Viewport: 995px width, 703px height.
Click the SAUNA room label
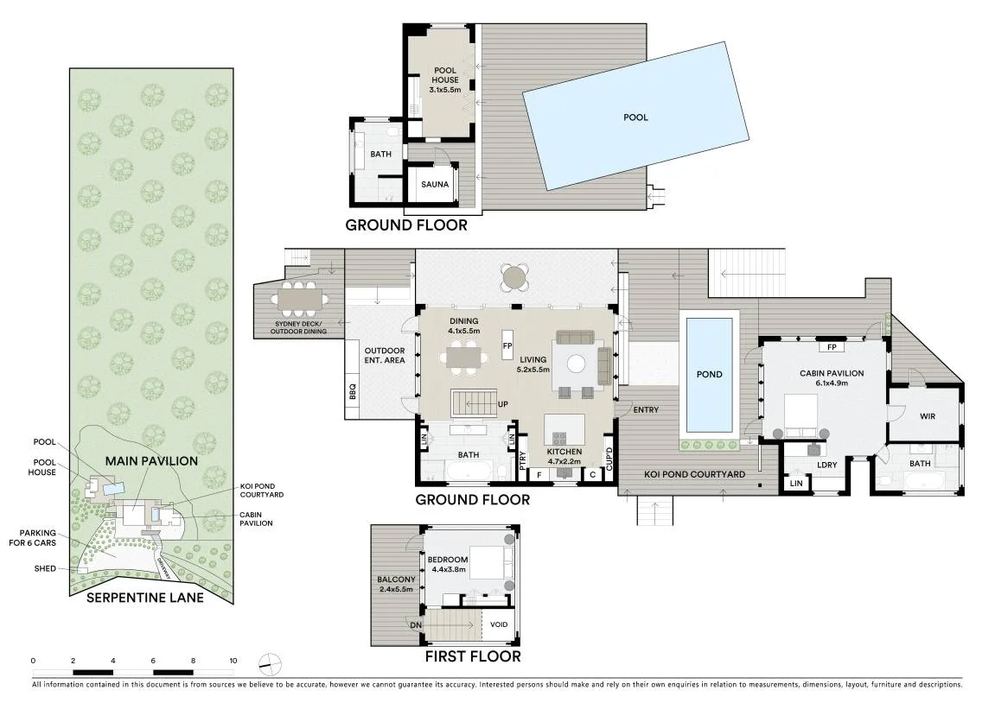point(435,185)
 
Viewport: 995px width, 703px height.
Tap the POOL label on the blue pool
point(636,117)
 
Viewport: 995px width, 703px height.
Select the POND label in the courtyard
point(710,375)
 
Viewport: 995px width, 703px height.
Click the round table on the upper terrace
point(513,276)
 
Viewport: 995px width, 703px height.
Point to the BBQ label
point(353,391)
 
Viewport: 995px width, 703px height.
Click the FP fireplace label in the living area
point(507,346)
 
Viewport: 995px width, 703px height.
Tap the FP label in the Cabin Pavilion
point(832,347)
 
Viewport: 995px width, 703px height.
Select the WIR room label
point(927,416)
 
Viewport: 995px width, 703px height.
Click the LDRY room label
point(826,465)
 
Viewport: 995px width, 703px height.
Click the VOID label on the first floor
point(499,624)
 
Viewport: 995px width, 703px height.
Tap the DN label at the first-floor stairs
point(416,625)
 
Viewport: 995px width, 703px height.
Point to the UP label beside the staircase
point(502,404)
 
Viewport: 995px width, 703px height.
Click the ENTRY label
point(646,410)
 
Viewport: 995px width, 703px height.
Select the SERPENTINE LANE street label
point(145,598)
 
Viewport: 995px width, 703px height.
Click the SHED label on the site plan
point(45,568)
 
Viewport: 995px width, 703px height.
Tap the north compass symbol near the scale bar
point(271,664)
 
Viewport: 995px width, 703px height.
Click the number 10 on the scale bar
point(233,661)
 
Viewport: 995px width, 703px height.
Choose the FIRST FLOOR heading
point(473,656)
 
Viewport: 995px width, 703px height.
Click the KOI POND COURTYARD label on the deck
point(695,474)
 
